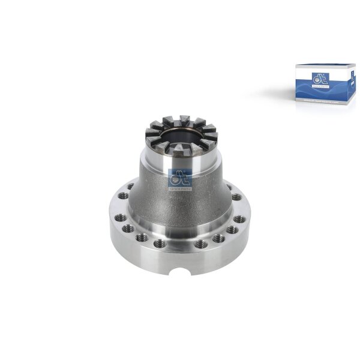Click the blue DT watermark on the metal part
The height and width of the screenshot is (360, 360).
pyautogui.click(x=181, y=179)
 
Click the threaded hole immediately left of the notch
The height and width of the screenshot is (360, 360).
pyautogui.click(x=160, y=244)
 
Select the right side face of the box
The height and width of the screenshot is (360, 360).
pyautogui.click(x=347, y=87)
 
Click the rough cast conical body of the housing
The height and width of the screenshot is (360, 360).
pyautogui.click(x=180, y=204)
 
